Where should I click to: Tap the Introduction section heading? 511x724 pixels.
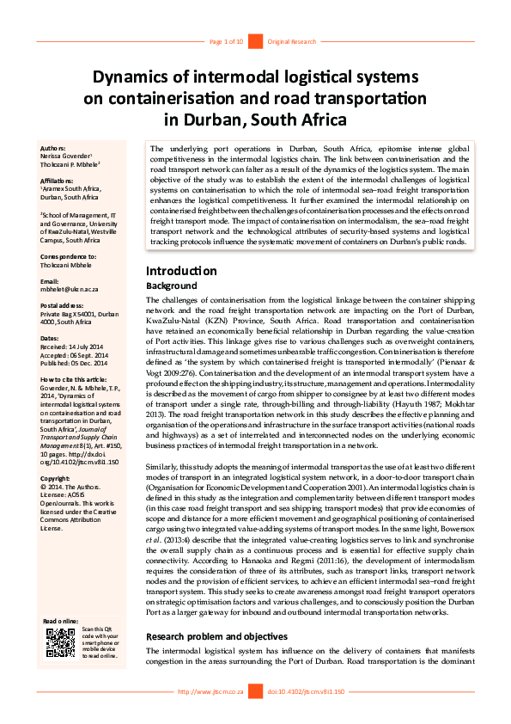click(181, 271)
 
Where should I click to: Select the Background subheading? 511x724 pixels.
click(172, 285)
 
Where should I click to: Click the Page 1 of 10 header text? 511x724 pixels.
click(227, 41)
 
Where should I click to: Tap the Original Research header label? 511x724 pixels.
click(292, 41)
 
